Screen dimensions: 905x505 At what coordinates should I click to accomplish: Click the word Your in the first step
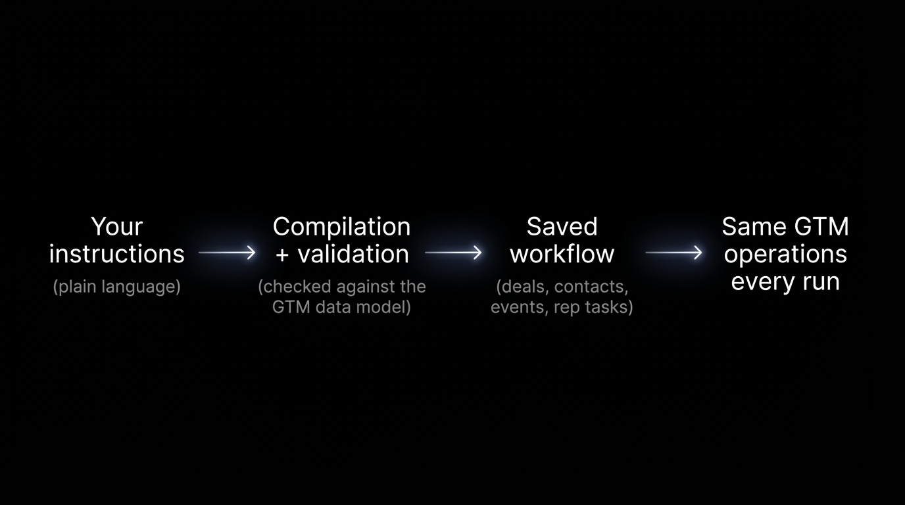[117, 227]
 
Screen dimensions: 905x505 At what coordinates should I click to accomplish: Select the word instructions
[117, 254]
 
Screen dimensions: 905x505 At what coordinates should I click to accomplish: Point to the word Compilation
[341, 227]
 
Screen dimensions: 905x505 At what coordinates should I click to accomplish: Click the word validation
[353, 254]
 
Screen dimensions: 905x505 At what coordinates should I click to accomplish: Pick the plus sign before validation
[282, 255]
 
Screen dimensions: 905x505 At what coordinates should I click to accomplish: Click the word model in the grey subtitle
[387, 307]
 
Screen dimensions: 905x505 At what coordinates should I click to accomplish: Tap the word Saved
[562, 227]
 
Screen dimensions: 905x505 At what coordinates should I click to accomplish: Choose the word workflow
[562, 254]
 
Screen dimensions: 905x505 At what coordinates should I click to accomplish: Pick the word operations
[785, 254]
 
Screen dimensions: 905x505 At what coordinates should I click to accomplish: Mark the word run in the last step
[821, 281]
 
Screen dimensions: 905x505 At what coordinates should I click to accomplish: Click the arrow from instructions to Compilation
[227, 252]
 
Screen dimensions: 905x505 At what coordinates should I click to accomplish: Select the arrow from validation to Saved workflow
[453, 252]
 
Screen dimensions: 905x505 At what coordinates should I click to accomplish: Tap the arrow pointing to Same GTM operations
[673, 252]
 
